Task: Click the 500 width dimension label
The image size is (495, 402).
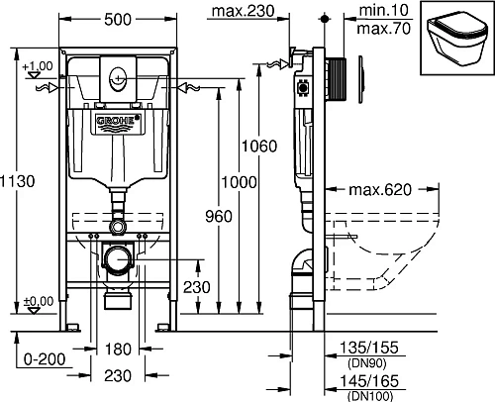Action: click(x=118, y=20)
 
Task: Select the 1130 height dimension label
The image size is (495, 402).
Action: click(x=17, y=181)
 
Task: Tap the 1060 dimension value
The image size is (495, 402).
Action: click(x=259, y=146)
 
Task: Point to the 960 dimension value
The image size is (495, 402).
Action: click(x=219, y=216)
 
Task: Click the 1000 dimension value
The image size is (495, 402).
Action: click(x=239, y=182)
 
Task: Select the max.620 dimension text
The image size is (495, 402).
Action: click(x=380, y=189)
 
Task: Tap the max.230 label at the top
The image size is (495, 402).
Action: click(x=243, y=11)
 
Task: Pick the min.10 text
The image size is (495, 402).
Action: click(x=383, y=10)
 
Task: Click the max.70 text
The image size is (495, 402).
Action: click(x=384, y=29)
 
